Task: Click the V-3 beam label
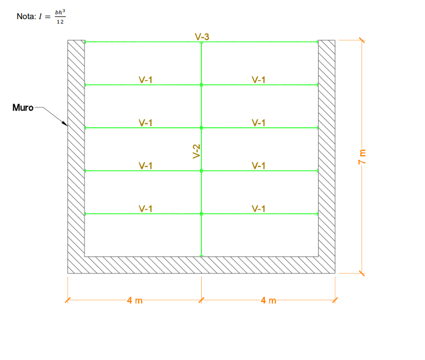[202, 37]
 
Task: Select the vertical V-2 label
[196, 151]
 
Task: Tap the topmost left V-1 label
[146, 79]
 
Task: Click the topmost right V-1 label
[259, 79]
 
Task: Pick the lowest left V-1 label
[146, 208]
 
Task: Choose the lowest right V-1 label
[259, 208]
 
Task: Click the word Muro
[23, 107]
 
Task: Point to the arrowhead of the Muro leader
[65, 124]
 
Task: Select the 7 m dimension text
[361, 156]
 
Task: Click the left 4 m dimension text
[134, 300]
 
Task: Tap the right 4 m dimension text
[269, 300]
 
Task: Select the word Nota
[26, 17]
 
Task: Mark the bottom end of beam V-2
[201, 255]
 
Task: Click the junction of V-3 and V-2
[201, 42]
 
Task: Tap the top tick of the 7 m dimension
[361, 39]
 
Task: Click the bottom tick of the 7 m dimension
[361, 273]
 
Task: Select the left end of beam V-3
[85, 42]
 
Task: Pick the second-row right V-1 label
[259, 122]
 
